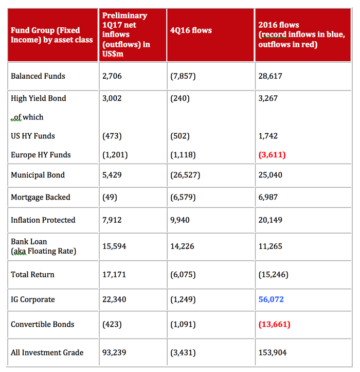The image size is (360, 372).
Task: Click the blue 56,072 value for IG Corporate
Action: point(271,299)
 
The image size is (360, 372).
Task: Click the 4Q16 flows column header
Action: point(191,30)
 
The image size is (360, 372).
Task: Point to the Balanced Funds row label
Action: point(38,76)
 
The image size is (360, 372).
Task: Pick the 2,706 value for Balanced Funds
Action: point(112,76)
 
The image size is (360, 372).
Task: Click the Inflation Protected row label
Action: point(43,220)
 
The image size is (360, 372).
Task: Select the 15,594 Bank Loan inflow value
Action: point(114,246)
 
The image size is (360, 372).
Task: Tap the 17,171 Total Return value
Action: point(114,274)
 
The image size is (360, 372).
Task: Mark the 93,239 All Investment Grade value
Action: point(114,352)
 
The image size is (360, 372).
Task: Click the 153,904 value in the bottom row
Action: point(273,352)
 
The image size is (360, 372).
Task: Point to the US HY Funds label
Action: point(33,136)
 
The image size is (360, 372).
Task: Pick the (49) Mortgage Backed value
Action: point(110,198)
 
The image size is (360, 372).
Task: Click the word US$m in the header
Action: point(113,54)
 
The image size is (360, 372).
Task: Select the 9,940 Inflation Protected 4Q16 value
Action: point(180,220)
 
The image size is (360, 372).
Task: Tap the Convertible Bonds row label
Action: point(43,324)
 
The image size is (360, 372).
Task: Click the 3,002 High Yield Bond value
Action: point(112,98)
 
